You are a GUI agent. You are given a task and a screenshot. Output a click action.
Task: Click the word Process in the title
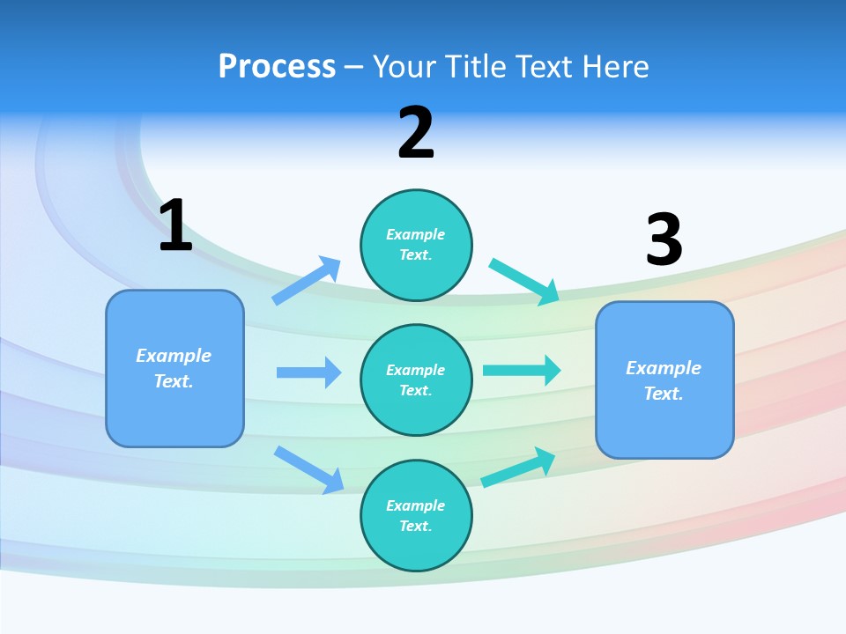(x=277, y=67)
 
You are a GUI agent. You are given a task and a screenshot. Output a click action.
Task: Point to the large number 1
(x=175, y=226)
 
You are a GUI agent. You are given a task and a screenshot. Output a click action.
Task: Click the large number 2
(x=416, y=133)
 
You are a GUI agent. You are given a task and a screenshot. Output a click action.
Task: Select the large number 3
(x=664, y=240)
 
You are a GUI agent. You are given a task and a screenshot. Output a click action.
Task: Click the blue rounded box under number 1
(x=174, y=368)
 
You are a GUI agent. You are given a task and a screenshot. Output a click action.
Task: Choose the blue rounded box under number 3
(x=664, y=380)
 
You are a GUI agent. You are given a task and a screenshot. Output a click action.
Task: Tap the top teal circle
(x=416, y=245)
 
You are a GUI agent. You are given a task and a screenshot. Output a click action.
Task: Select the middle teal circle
(x=416, y=380)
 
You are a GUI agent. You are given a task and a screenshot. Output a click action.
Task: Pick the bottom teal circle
(x=416, y=515)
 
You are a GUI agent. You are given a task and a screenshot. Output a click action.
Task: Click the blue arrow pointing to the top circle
(x=307, y=281)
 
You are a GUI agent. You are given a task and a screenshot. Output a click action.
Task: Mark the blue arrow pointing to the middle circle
(x=308, y=372)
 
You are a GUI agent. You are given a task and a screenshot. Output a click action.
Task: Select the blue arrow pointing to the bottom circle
(x=309, y=469)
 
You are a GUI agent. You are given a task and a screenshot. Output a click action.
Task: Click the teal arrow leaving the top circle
(x=524, y=281)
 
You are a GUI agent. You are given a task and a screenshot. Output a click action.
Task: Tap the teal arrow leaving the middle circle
(x=522, y=370)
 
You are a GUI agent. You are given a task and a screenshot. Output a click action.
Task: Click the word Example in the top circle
(x=416, y=234)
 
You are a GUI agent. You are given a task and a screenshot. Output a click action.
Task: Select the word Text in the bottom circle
(x=414, y=526)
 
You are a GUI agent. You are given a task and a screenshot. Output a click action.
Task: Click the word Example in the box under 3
(x=664, y=368)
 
